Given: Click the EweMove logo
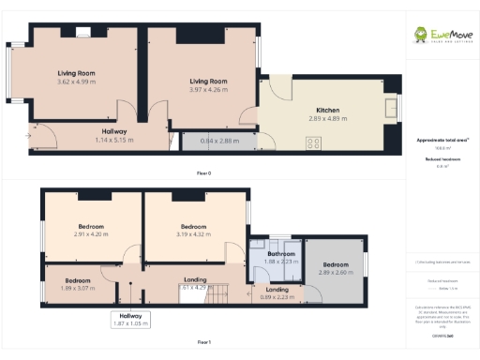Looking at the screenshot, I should pos(441,37).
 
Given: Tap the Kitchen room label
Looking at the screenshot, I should pos(328,111).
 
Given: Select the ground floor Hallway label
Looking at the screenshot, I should pos(114,132).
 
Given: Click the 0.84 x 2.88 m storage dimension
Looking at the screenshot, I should pos(220,141).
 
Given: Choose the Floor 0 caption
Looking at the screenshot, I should pos(203,173).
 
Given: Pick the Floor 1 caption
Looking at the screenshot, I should pos(203,342).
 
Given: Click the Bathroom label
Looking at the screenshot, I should pos(281,254).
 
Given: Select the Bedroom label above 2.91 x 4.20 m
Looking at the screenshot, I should pos(90,226).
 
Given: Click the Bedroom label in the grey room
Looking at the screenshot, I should pos(335,264).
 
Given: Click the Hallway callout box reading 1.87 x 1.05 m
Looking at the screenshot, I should pos(130,320).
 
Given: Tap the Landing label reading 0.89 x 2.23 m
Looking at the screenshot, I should pos(277,293).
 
